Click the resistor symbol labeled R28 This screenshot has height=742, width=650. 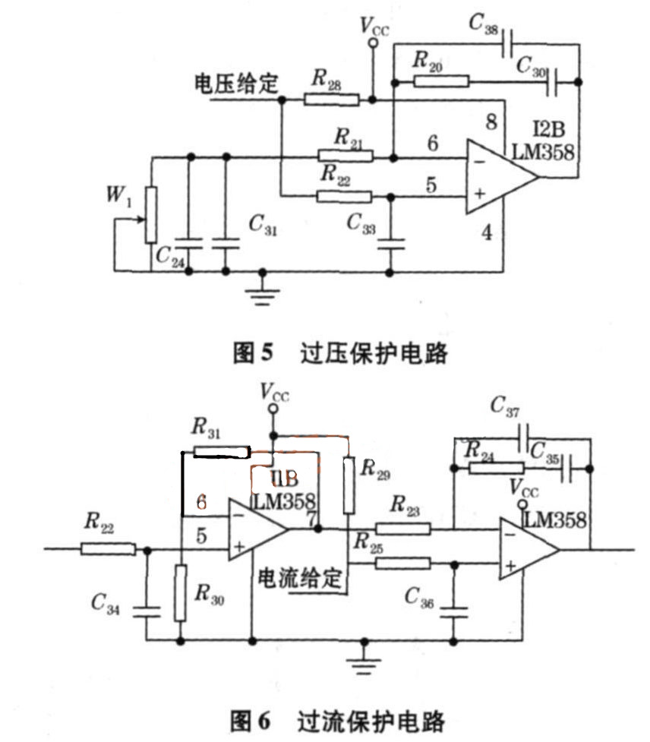tap(331, 98)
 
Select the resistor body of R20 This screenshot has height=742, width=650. tap(442, 81)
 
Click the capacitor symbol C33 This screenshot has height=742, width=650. tap(390, 244)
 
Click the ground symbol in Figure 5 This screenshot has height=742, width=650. tap(263, 292)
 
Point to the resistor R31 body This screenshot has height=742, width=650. tap(222, 452)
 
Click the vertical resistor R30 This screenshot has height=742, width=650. tap(181, 592)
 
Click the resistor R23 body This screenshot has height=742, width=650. tap(403, 529)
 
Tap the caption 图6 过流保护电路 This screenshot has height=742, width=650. tap(338, 719)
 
